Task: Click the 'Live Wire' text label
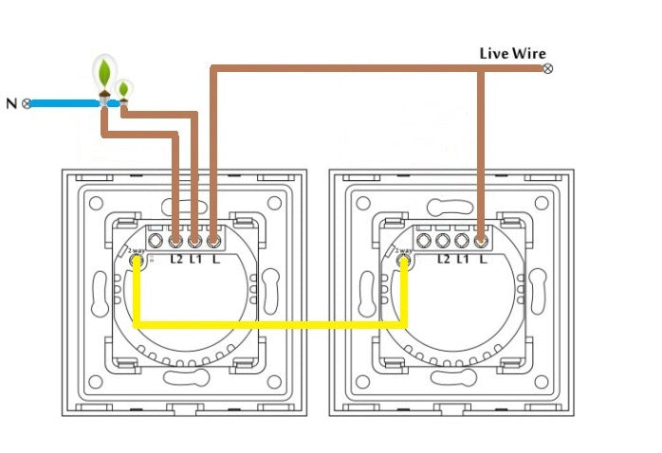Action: pyautogui.click(x=511, y=53)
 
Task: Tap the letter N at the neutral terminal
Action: pyautogui.click(x=10, y=102)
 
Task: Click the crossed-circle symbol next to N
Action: pyautogui.click(x=27, y=102)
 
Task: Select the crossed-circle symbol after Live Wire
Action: pyautogui.click(x=546, y=68)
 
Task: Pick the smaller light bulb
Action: pyautogui.click(x=123, y=91)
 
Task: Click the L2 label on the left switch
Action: pyautogui.click(x=176, y=257)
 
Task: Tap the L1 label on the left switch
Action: pyautogui.click(x=195, y=257)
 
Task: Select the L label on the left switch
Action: pyautogui.click(x=214, y=257)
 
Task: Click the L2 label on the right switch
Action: pyautogui.click(x=443, y=257)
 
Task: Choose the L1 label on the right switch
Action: pyautogui.click(x=462, y=257)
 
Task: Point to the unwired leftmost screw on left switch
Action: pyautogui.click(x=157, y=240)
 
